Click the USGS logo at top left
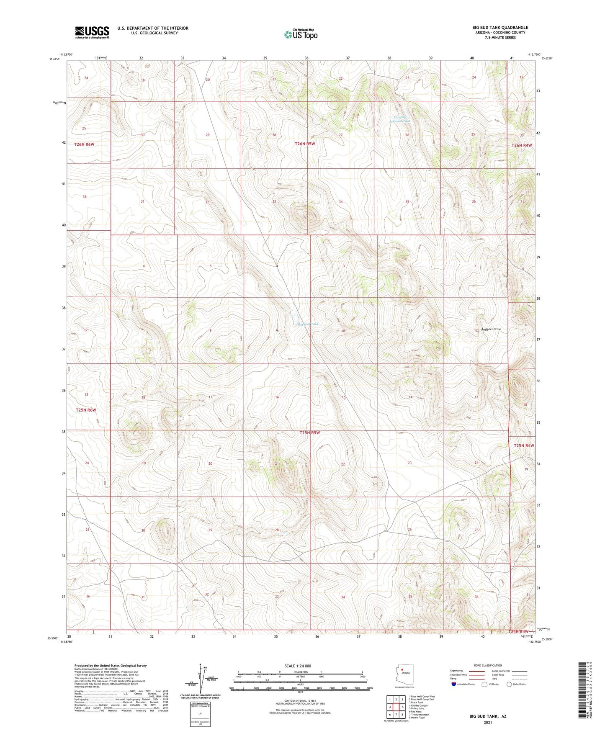(92, 32)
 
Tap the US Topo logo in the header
(301, 34)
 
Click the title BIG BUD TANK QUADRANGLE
(500, 28)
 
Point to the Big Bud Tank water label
(308, 324)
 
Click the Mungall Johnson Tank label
(400, 119)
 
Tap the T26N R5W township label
(304, 144)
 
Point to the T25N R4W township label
(524, 445)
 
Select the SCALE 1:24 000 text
(298, 666)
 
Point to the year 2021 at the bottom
(487, 723)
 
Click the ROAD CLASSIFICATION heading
(488, 665)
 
